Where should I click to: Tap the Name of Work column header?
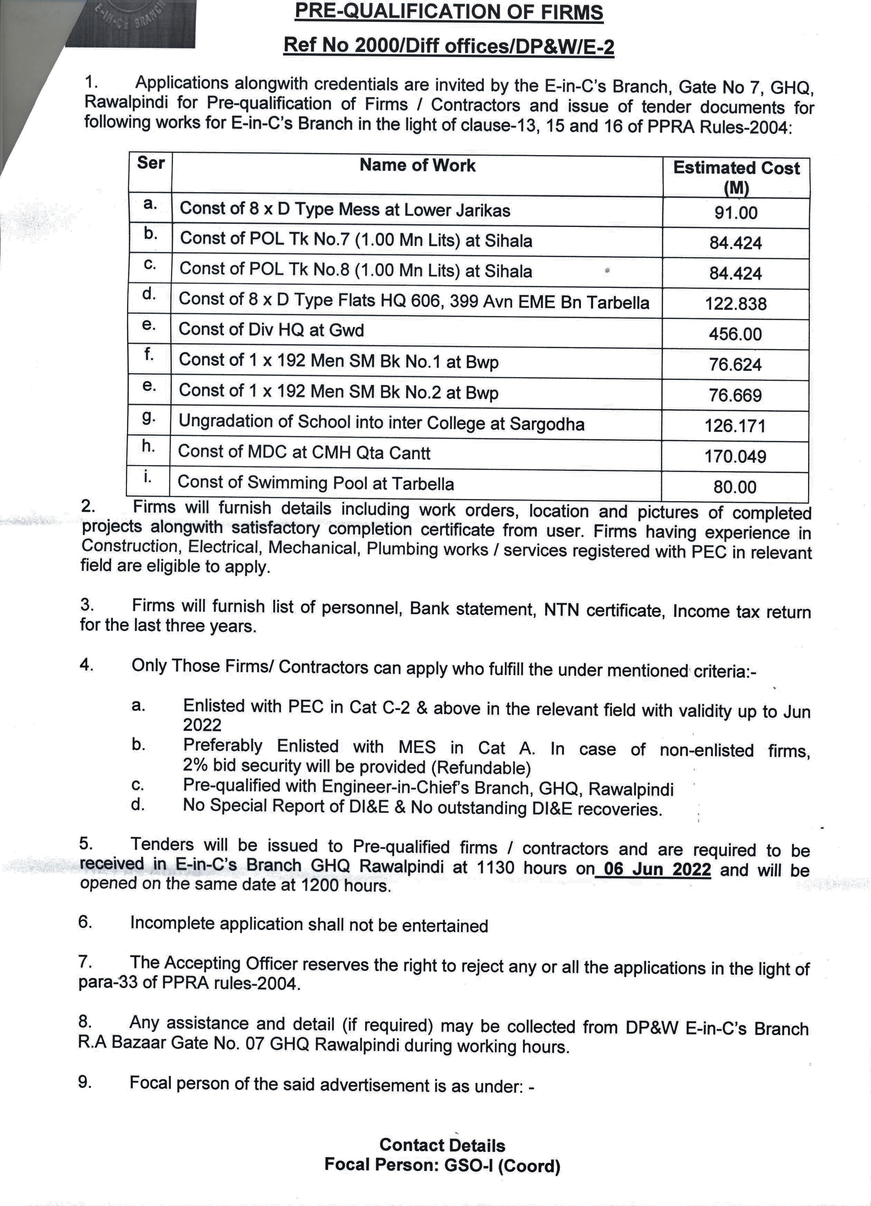point(417,165)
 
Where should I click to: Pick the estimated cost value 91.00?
point(736,213)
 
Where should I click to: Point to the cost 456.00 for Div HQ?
point(735,335)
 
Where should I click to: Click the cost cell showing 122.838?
point(736,304)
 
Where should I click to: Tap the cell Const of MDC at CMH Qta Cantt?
point(304,453)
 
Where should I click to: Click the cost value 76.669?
point(735,396)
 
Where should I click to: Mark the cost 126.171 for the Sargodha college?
point(735,426)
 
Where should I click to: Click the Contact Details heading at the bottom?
point(442,1145)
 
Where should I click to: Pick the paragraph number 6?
point(85,922)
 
